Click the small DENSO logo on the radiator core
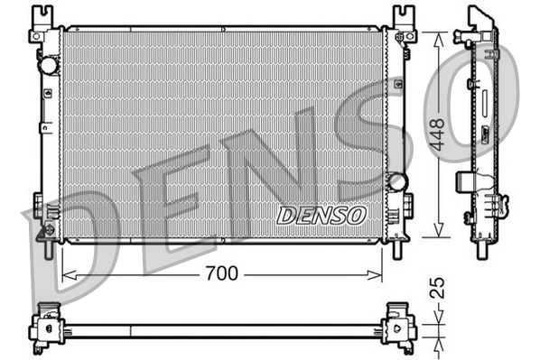tap(321, 216)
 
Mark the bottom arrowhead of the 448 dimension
tap(439, 235)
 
